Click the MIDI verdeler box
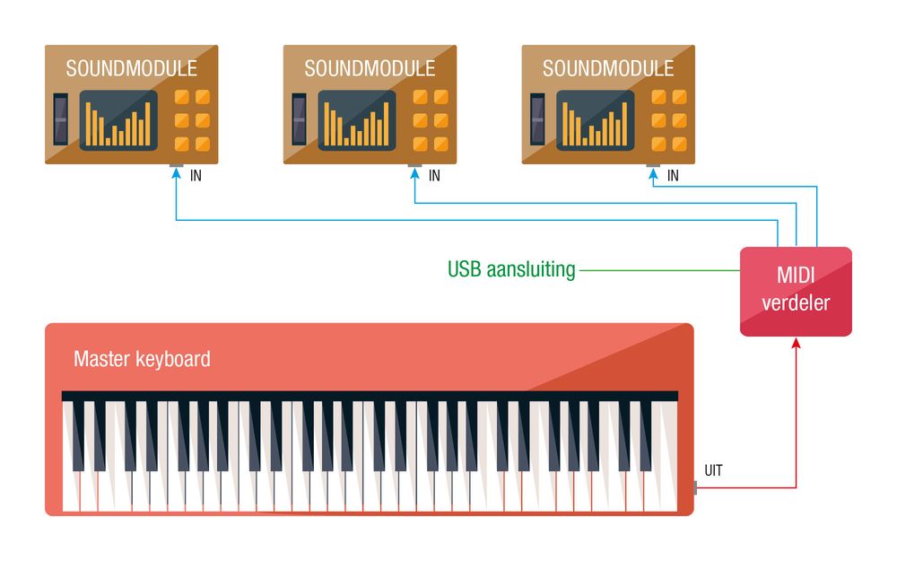pos(796,292)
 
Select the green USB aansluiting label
pos(511,269)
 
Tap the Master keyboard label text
pos(142,360)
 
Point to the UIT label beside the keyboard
pos(714,470)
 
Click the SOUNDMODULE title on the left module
pos(131,69)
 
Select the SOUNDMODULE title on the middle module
pos(370,69)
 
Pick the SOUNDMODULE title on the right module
pos(608,69)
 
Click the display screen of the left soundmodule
pos(118,120)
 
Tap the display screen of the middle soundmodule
pos(357,120)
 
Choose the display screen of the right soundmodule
pos(596,120)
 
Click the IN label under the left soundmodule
pos(196,176)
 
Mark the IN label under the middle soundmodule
pos(434,176)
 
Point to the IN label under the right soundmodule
pos(673,176)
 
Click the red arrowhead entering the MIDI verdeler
pos(796,343)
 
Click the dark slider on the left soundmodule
pos(61,118)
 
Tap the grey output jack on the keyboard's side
pos(695,487)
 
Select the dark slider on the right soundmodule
pos(538,118)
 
